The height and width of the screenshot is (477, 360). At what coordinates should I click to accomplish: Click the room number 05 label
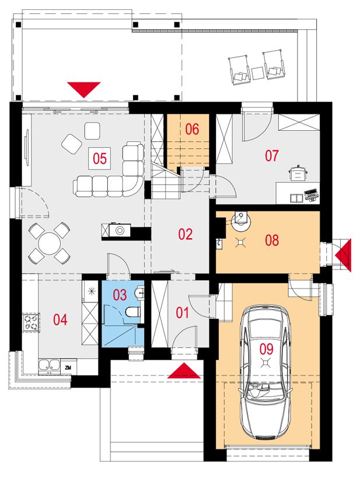pos(100,158)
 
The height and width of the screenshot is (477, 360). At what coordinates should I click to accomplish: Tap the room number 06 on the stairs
pos(192,129)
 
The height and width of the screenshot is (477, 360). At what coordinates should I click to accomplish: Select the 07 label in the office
pos(271,156)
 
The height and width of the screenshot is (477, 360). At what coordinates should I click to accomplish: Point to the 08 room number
pos(272,240)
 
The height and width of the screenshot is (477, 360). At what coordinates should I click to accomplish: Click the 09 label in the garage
pos(266,349)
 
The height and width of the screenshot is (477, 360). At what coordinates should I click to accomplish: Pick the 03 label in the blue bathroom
pos(120,295)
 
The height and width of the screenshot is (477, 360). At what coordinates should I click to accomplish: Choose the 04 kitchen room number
pos(60,320)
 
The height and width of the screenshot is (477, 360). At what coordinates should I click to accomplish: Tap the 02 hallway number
pos(186,235)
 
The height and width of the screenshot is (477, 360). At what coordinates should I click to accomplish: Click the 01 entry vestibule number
pos(183,313)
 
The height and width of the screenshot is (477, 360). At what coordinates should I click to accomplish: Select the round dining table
pos(49,243)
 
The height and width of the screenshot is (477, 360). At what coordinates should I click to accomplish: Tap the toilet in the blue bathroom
pos(133,312)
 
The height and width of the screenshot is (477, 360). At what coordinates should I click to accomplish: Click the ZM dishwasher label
pos(68,368)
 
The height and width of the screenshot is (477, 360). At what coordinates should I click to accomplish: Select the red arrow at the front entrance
pos(184,371)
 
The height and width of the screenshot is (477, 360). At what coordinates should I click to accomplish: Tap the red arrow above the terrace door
pos(83,90)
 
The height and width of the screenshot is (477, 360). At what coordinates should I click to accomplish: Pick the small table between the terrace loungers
pos(257,73)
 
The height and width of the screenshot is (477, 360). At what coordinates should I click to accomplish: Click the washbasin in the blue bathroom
pos(140,292)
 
